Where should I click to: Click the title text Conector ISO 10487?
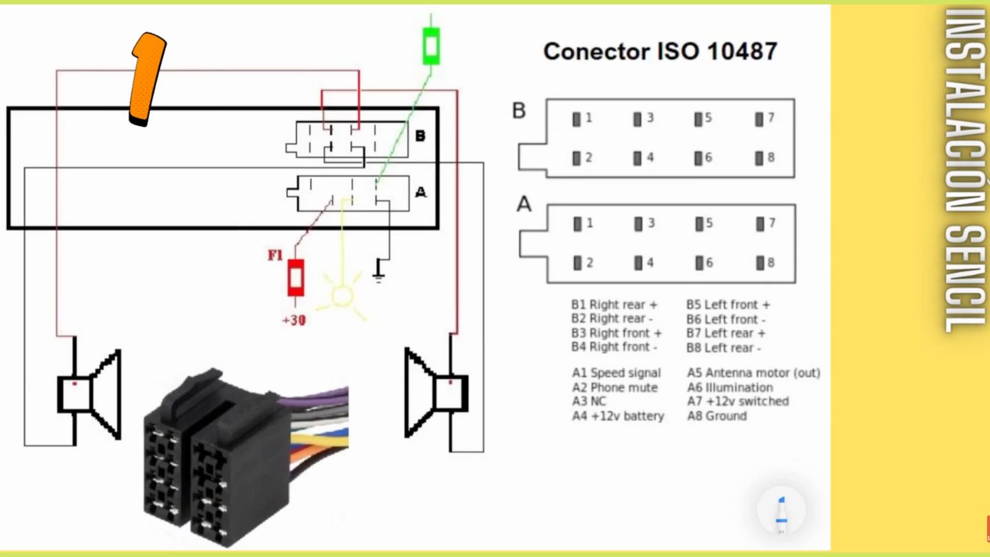click(660, 52)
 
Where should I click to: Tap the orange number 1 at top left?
click(148, 79)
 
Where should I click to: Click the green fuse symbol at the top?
click(431, 46)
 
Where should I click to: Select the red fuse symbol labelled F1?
click(296, 278)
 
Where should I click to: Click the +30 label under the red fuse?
click(294, 320)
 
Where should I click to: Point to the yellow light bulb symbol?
click(342, 296)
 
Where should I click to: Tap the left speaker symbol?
click(89, 395)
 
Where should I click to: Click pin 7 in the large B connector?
click(759, 119)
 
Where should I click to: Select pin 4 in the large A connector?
click(639, 263)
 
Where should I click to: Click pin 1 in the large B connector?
click(577, 119)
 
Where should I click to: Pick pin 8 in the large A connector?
click(760, 263)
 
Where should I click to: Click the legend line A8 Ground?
click(716, 416)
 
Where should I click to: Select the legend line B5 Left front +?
click(727, 305)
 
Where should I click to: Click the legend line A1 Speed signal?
click(616, 373)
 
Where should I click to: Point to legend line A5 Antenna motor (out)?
click(753, 373)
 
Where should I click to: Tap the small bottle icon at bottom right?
click(781, 512)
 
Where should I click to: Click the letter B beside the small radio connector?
click(420, 135)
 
